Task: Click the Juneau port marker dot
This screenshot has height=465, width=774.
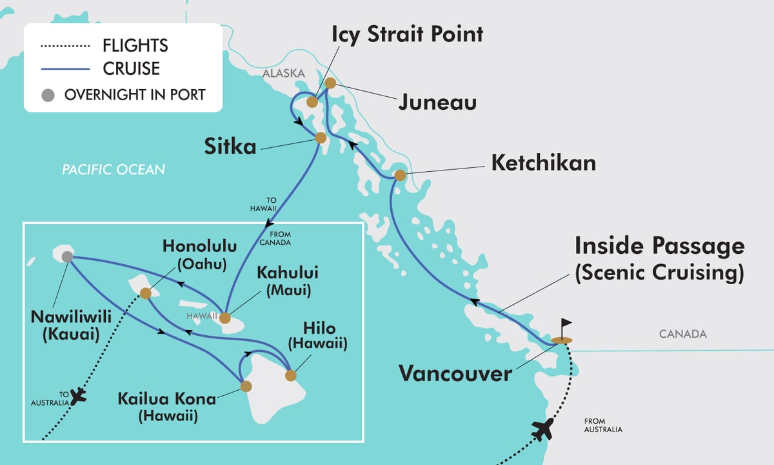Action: [x=330, y=83]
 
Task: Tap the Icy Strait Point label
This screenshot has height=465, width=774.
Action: [x=408, y=34]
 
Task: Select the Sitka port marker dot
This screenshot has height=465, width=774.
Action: [x=320, y=138]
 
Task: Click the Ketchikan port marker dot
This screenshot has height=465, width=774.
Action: [x=400, y=175]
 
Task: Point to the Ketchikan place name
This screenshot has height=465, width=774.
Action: [x=543, y=163]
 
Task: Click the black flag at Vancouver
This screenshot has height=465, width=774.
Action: [x=566, y=325]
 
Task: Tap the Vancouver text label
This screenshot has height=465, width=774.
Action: [x=455, y=373]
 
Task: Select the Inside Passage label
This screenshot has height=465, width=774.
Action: [x=659, y=246]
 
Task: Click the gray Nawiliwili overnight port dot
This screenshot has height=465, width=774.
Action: [x=67, y=257]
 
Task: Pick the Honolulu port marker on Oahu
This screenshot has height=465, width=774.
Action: [x=146, y=293]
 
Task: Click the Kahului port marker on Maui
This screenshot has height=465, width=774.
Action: [x=224, y=318]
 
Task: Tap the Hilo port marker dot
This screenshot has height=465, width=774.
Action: [x=290, y=375]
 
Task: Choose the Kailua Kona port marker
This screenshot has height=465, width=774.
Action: [x=246, y=386]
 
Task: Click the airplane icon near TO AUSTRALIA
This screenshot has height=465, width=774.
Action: [x=77, y=395]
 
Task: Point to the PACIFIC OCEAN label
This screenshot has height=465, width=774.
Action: [x=114, y=170]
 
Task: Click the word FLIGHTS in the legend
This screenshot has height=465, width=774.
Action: [x=135, y=46]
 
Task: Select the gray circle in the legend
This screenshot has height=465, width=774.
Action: [x=48, y=95]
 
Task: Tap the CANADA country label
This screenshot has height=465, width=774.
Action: [x=682, y=334]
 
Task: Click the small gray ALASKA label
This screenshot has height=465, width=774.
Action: [x=283, y=74]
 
